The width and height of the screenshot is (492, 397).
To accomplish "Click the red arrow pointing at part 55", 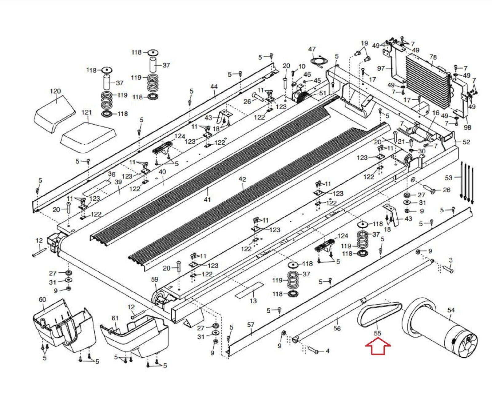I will [x=378, y=347].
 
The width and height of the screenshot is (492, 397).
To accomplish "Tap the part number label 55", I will [x=377, y=333].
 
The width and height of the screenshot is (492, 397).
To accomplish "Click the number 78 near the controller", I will [x=433, y=57].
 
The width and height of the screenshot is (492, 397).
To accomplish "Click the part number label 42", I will [x=242, y=179].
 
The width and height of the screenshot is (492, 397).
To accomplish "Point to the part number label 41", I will [x=208, y=199].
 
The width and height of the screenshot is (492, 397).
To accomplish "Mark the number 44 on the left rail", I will [x=214, y=87].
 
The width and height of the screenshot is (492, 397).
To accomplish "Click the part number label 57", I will [x=251, y=325].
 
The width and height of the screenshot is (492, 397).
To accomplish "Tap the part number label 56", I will [x=337, y=328].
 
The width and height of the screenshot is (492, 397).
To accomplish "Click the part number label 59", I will [x=155, y=279].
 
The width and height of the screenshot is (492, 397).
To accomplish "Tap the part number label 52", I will [x=466, y=142].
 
